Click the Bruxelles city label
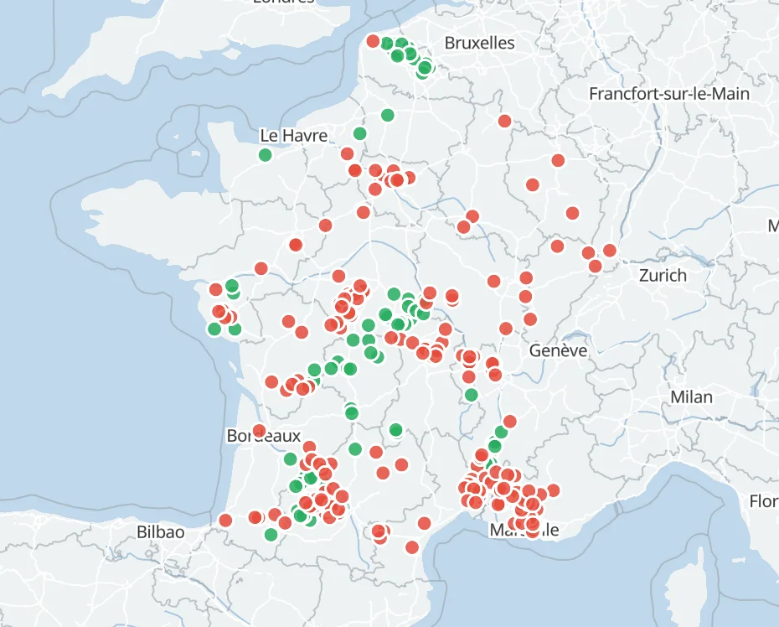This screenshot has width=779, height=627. [479, 43]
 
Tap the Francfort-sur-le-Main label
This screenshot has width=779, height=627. [668, 93]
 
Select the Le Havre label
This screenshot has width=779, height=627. [293, 135]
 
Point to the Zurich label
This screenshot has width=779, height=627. [663, 275]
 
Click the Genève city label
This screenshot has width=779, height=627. [558, 350]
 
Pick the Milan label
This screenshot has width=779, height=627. [691, 397]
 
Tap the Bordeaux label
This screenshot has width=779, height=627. [263, 437]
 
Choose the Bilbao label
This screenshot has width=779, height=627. [160, 531]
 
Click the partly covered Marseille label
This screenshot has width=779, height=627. [524, 530]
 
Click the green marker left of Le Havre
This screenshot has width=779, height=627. [266, 154]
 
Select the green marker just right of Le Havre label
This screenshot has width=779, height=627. [360, 133]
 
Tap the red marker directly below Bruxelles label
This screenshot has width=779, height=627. [504, 121]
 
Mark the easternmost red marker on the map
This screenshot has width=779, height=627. [609, 250]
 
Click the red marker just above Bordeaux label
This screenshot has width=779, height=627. [259, 431]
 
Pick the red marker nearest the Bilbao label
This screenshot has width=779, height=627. [224, 521]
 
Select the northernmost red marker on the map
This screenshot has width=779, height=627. [373, 40]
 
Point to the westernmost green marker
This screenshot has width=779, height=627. [214, 329]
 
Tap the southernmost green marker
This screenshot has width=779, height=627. [271, 534]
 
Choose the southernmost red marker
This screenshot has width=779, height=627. [412, 547]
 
